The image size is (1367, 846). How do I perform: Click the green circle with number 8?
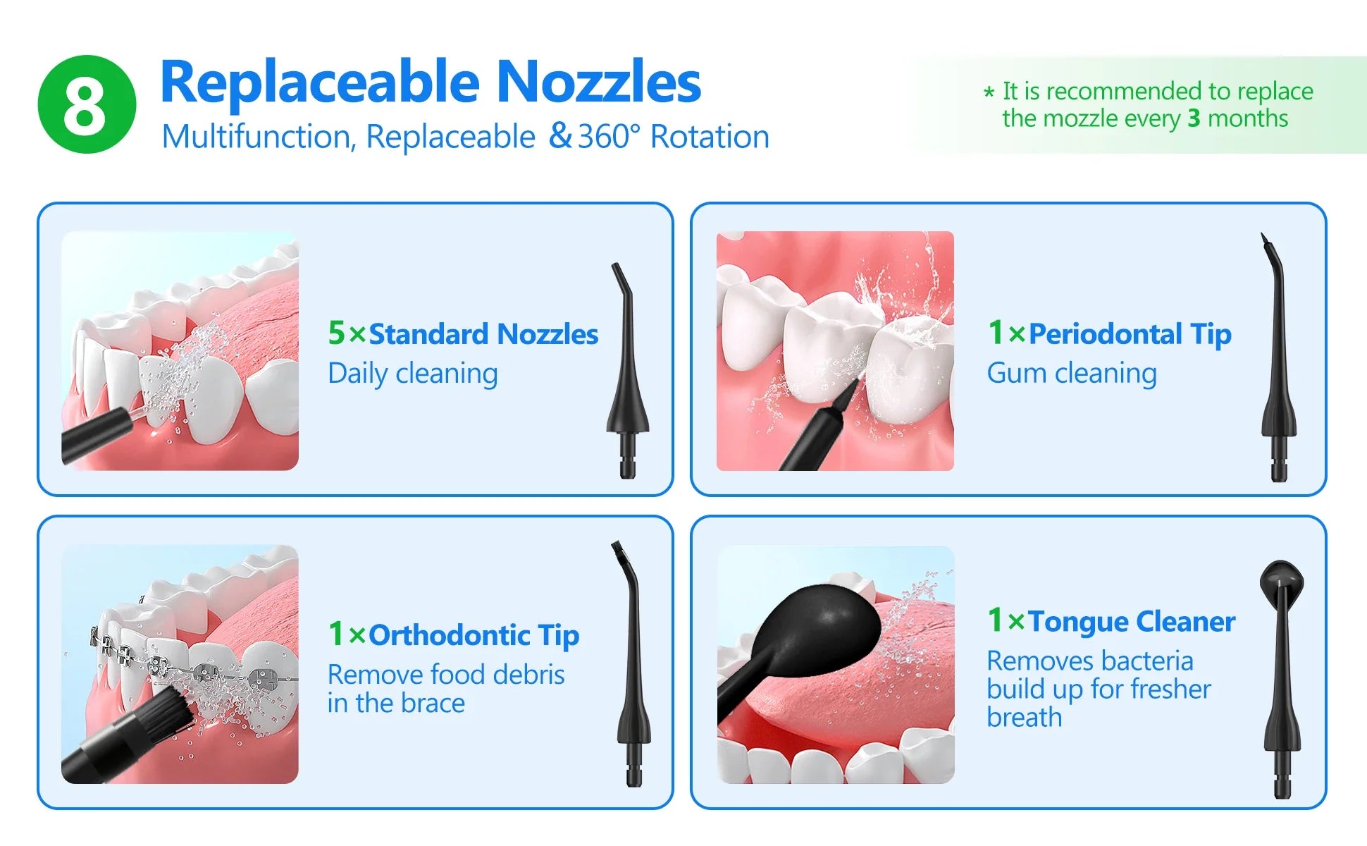pos(87,104)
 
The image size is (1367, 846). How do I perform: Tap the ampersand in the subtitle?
pos(560,135)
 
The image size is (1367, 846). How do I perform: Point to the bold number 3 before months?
pos(1194,118)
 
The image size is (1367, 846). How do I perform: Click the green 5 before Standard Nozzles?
pos(337,333)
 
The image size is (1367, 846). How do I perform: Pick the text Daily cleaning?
pos(413,374)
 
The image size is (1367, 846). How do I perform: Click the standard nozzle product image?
pos(628,371)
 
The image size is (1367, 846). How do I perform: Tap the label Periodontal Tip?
pos(1130,334)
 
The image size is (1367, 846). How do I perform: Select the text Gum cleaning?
pos(1072,374)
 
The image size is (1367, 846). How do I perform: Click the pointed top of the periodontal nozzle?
pos(1263,238)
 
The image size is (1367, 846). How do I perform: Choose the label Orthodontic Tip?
pos(474,635)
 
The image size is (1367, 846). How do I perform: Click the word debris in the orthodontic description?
pos(528,675)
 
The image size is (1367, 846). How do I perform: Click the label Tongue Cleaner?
pos(1132,622)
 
